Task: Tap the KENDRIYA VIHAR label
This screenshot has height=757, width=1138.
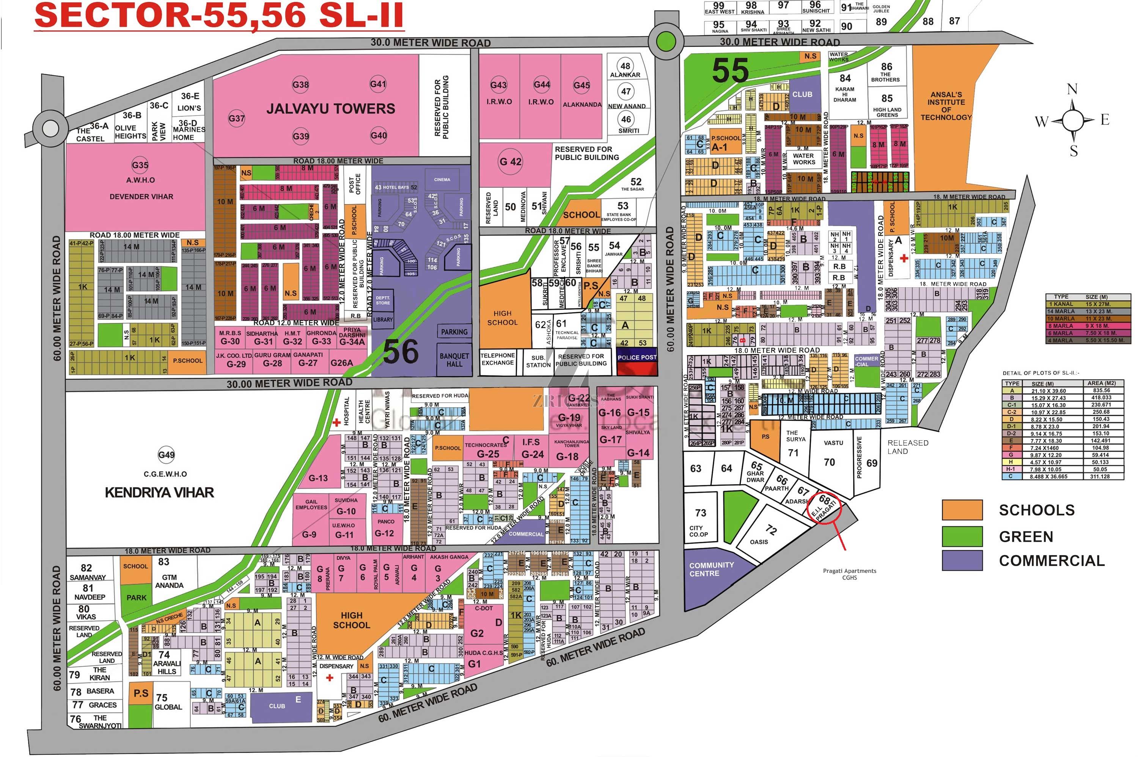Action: click(x=159, y=493)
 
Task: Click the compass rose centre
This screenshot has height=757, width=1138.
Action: click(x=1072, y=119)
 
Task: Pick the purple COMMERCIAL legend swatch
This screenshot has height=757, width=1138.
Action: click(x=962, y=560)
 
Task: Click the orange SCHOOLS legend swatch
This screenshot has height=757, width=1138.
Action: click(x=962, y=510)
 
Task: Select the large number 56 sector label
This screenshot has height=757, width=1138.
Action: click(x=401, y=352)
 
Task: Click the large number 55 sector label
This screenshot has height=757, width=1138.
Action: click(x=730, y=70)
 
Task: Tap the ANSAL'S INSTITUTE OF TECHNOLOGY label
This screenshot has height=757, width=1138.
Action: click(x=945, y=106)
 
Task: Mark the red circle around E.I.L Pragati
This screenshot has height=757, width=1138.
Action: click(x=824, y=507)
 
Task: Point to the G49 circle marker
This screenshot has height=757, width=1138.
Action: click(x=166, y=455)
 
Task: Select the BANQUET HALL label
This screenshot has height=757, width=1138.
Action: click(x=454, y=360)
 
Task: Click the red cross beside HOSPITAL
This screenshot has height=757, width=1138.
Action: click(x=336, y=423)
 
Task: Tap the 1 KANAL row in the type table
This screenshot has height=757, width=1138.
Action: click(x=1087, y=304)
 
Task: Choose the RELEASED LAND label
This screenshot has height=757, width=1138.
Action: click(x=907, y=447)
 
